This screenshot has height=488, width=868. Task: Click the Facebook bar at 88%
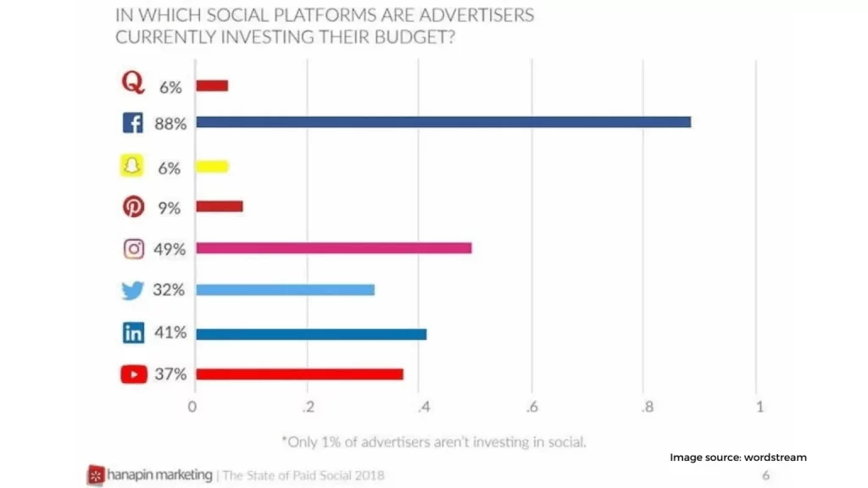[x=443, y=122]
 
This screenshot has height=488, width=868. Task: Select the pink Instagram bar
[x=333, y=248]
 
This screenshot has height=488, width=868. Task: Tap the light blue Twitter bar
[x=285, y=290]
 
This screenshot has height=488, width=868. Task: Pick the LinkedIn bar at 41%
[x=311, y=334]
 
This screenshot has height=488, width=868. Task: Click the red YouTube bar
[x=299, y=374]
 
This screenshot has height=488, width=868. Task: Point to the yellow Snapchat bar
[x=212, y=167]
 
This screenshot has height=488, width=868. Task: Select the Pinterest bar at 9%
[x=220, y=206]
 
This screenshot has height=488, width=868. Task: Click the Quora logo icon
[x=132, y=82]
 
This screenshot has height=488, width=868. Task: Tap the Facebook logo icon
[x=133, y=124]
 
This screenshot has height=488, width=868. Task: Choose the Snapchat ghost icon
[x=131, y=166]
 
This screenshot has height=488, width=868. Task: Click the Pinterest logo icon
[x=133, y=207]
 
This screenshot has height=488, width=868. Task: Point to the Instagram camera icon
[x=134, y=249]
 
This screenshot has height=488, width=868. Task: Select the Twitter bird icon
[x=133, y=291]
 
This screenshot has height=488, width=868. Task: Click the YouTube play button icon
[x=134, y=374]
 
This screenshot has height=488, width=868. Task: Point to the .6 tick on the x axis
[x=531, y=407]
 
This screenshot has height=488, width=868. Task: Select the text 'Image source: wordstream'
[x=738, y=457]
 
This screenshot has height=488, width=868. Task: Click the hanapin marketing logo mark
[x=96, y=475]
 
